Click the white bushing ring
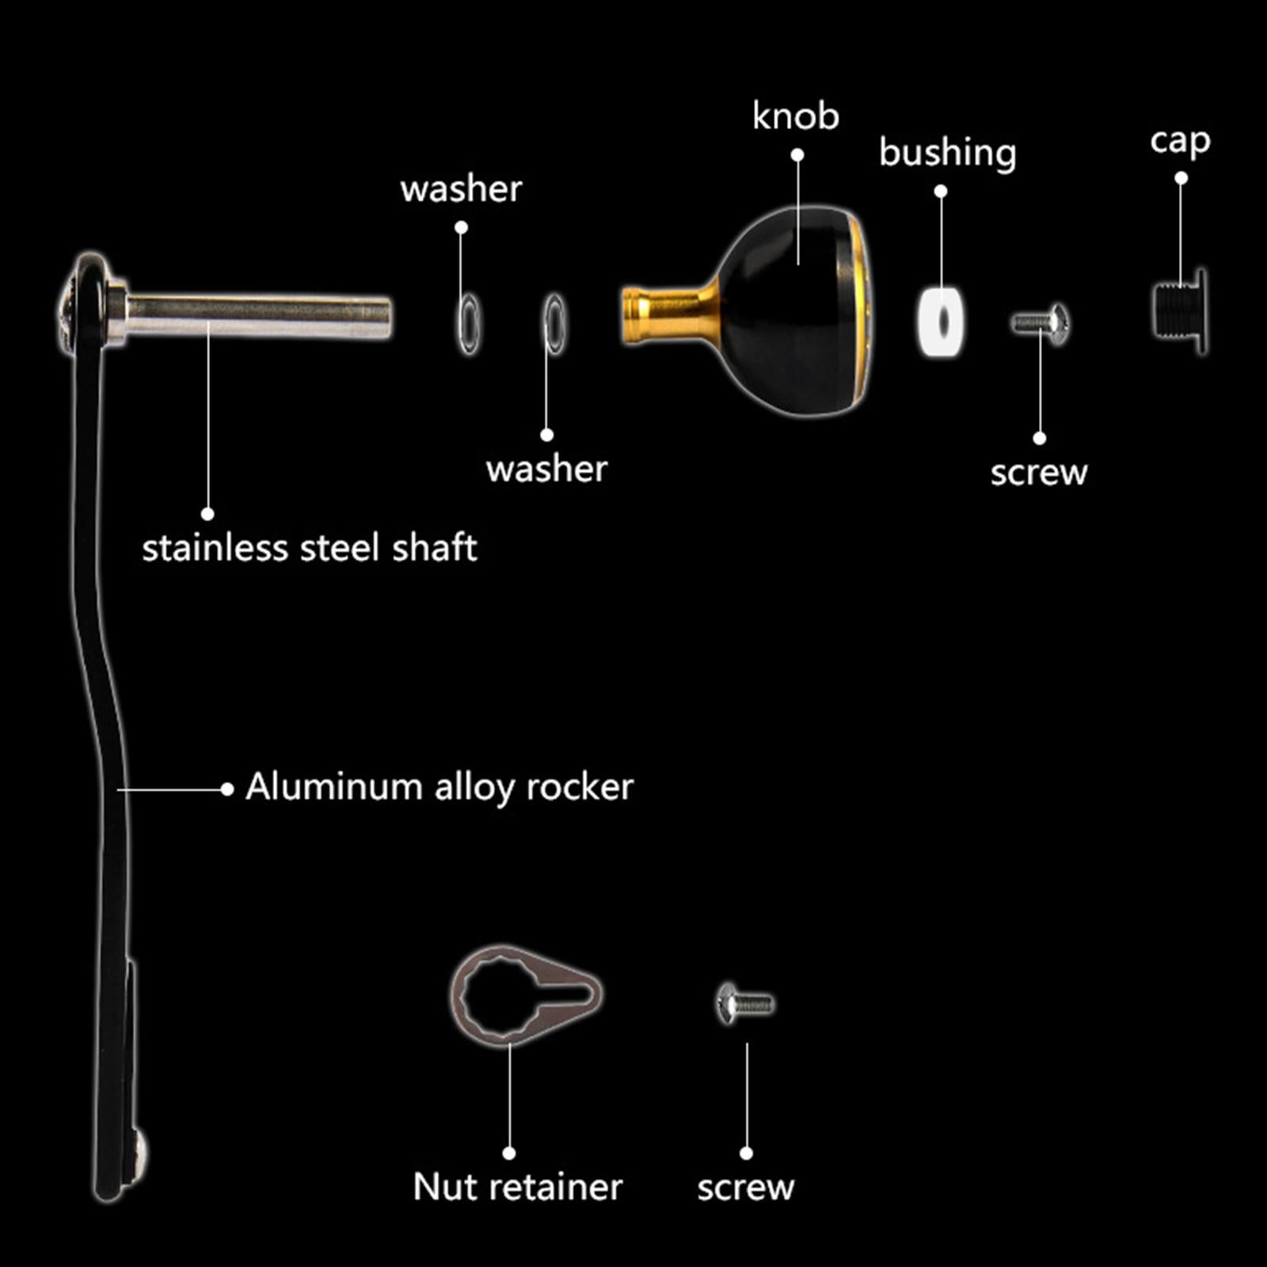[941, 322]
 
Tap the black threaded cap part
[1180, 310]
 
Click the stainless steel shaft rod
[257, 316]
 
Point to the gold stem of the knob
[670, 315]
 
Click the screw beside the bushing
[1041, 322]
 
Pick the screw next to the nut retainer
[745, 1004]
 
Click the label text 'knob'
[796, 116]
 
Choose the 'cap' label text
[1180, 142]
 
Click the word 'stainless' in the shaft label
[215, 548]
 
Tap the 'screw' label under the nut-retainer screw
[745, 1188]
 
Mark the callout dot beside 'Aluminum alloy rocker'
[227, 789]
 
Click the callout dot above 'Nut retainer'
[509, 1153]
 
